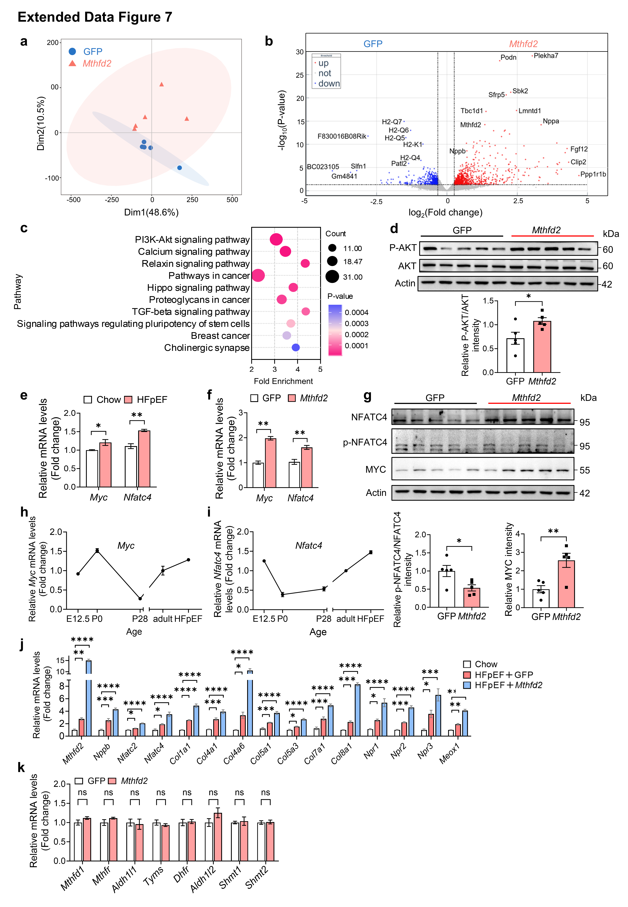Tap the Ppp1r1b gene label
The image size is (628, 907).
coord(593,174)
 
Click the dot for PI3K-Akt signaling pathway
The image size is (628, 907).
coord(276,239)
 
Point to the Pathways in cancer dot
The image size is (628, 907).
coord(258,275)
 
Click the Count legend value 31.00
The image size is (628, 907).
coord(353,277)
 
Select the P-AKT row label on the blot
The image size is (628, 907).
coord(402,248)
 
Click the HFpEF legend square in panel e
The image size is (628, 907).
coord(128,400)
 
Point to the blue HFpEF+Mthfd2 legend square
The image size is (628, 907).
coord(467,685)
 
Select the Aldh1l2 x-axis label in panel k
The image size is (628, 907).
coord(203,879)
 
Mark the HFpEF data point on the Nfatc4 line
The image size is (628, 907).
coord(371,552)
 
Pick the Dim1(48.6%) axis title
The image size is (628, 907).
coord(152,212)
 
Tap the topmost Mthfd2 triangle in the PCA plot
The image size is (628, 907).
coord(161,84)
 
